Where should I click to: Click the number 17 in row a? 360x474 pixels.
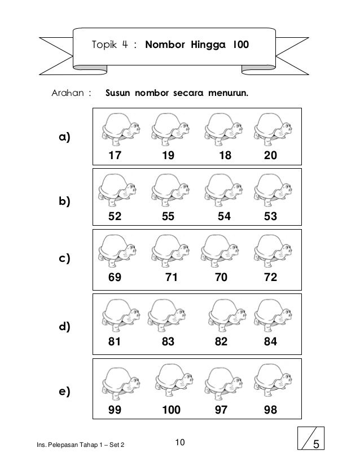coord(115,154)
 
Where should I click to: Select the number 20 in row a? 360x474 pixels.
coord(269,154)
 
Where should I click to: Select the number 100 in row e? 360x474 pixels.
coord(171,410)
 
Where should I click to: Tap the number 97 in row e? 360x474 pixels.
coord(222,410)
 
